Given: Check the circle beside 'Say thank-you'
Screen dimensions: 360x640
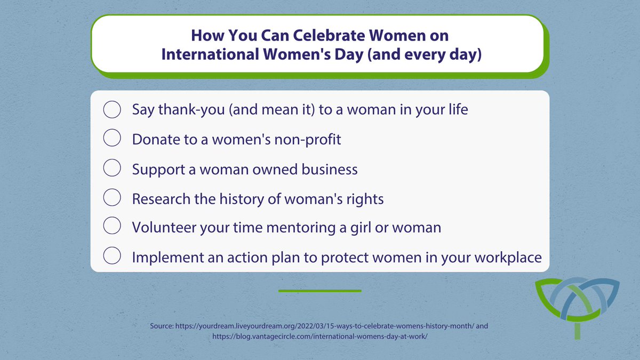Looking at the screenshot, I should pos(111,110).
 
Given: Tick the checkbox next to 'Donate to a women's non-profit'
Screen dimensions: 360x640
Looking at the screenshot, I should pos(111,139).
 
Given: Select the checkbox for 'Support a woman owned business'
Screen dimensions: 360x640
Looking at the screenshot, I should pos(111,169).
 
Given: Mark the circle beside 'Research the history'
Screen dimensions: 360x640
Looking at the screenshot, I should pos(111,198).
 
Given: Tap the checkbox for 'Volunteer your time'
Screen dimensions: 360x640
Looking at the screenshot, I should pos(111,227).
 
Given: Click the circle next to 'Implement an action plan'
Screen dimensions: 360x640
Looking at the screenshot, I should pos(111,257).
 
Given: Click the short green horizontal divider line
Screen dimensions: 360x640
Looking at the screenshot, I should pos(319,291).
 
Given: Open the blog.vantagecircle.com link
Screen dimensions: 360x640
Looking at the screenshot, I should pos(319,337).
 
